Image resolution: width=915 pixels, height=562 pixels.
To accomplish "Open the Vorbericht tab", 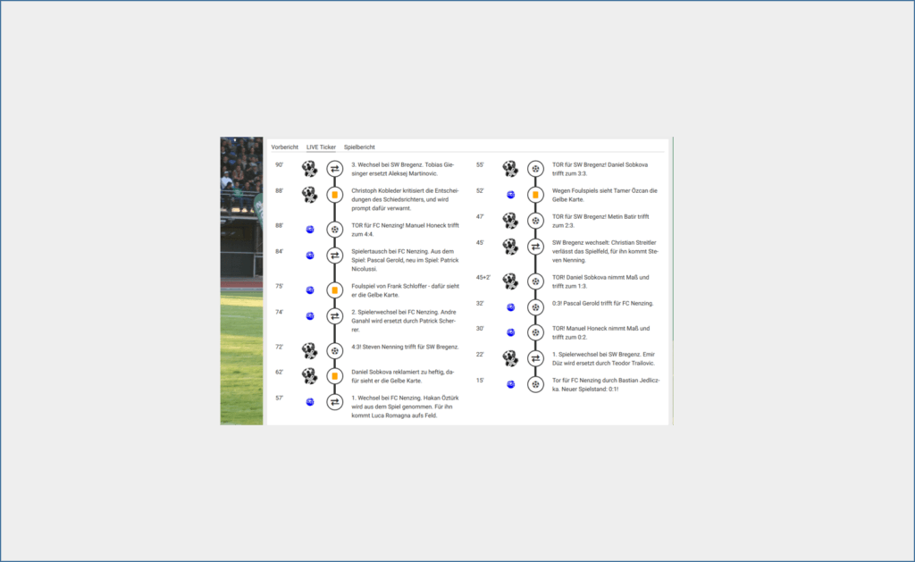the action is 284,147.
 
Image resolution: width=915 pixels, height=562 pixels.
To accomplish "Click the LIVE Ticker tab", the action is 321,147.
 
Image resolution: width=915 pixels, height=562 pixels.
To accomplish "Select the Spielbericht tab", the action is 359,147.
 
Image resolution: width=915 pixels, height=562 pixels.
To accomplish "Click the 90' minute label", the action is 280,165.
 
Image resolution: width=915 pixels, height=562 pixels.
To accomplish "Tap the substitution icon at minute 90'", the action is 334,169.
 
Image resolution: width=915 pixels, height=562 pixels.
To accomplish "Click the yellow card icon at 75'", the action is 334,290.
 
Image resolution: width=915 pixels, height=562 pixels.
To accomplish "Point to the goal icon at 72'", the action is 334,351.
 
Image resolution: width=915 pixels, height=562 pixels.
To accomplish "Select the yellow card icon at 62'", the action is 334,376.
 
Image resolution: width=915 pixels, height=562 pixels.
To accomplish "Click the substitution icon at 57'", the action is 334,402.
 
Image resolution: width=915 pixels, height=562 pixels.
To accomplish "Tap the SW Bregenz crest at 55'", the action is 510,169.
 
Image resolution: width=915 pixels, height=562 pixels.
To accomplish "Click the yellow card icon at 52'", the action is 535,195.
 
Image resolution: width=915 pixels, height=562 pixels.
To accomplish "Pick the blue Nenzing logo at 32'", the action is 510,307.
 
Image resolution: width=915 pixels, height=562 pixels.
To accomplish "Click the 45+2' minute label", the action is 483,278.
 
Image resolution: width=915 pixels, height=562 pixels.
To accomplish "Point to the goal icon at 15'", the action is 535,384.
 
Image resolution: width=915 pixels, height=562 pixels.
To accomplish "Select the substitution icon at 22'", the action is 535,358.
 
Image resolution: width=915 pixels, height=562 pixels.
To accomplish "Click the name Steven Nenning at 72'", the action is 382,348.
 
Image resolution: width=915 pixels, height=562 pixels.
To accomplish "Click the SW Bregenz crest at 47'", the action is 510,221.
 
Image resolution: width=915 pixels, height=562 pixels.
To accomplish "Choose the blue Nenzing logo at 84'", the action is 310,256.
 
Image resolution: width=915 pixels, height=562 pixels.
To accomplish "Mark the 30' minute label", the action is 480,329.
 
